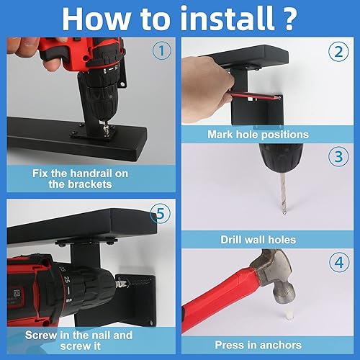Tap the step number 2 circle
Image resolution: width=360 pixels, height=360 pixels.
click(x=337, y=53)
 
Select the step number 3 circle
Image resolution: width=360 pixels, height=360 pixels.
click(x=337, y=156)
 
